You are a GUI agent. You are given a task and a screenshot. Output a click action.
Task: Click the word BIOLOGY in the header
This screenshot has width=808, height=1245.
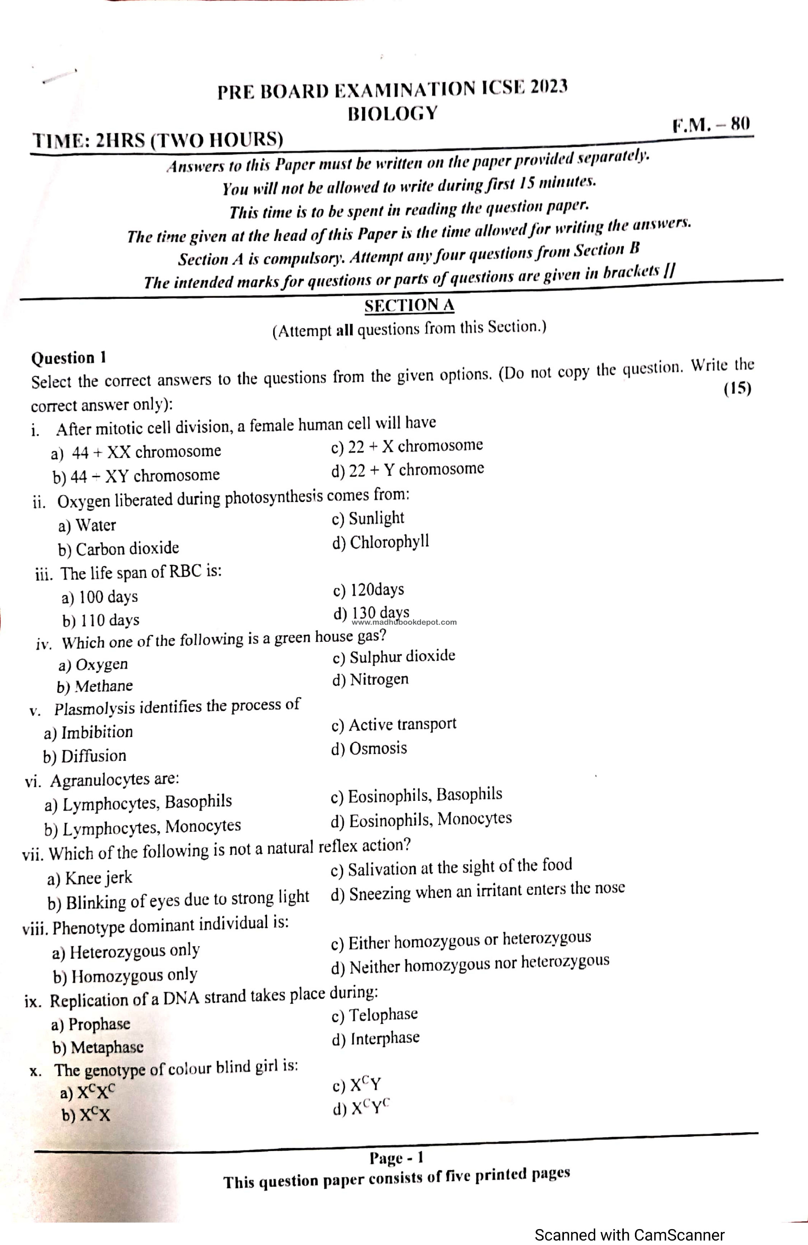[x=392, y=113]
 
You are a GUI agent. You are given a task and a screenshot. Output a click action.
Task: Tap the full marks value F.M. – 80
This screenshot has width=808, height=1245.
[x=711, y=125]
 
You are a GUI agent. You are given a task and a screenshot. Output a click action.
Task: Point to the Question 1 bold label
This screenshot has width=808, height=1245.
[x=69, y=358]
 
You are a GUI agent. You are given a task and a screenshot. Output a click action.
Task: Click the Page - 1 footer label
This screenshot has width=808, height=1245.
[x=396, y=1158]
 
